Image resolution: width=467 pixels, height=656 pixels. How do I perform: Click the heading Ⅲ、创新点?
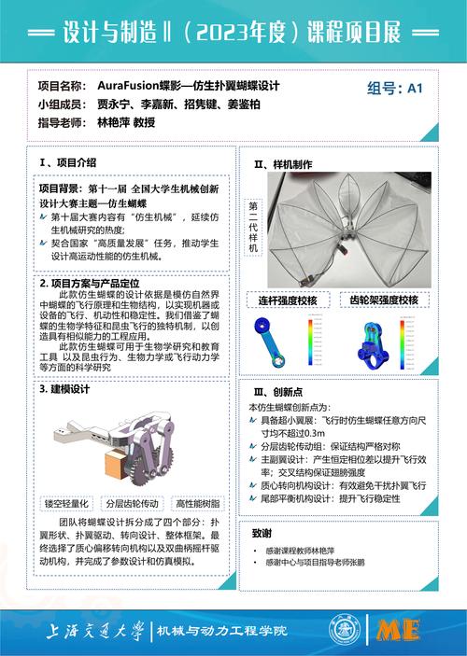click(x=277, y=393)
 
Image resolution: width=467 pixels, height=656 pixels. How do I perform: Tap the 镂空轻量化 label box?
click(x=67, y=502)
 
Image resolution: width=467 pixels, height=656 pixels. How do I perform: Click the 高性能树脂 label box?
click(x=196, y=502)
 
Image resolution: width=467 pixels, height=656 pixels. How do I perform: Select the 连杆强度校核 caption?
click(x=288, y=300)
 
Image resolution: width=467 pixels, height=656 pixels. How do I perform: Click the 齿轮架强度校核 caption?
click(x=383, y=300)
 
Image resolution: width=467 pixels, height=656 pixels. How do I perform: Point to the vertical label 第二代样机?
click(x=253, y=227)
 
